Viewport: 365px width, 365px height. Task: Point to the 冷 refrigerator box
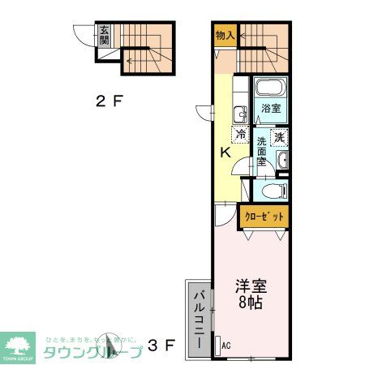[x=241, y=135]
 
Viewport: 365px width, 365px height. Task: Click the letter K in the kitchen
[x=227, y=152]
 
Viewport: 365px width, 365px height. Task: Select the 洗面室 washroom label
[x=262, y=152]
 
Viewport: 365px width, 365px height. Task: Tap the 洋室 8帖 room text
[x=250, y=294]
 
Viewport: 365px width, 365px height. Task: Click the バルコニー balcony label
[x=197, y=319]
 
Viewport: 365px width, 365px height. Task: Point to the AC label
[x=226, y=346]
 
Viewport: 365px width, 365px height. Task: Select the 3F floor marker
[x=161, y=346]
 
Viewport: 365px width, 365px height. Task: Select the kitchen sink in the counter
[x=240, y=114]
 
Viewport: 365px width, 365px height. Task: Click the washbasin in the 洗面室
[x=281, y=162]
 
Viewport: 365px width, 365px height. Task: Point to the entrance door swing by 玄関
[x=84, y=36]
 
